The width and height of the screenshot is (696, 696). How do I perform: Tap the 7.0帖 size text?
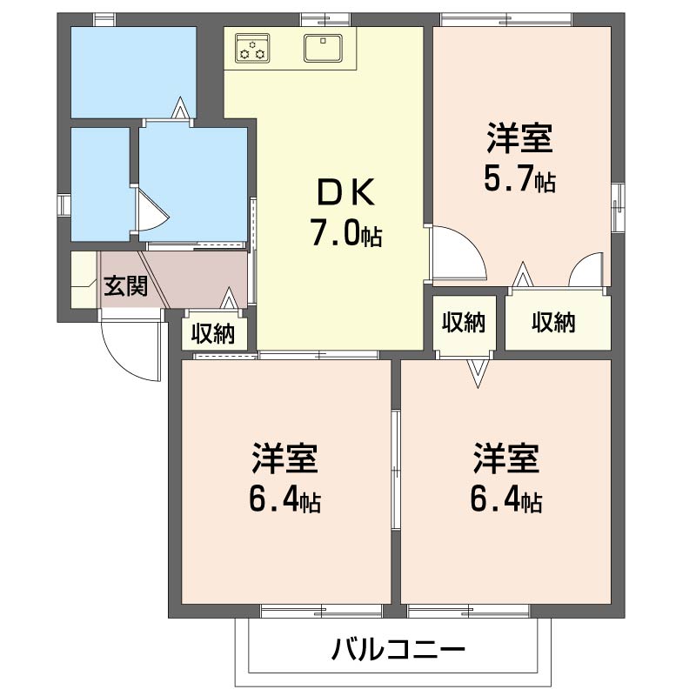[345, 233]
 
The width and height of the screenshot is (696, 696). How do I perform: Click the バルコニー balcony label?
[398, 649]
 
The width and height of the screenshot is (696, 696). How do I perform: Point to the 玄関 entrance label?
[126, 285]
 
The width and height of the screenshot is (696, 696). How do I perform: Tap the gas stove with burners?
[253, 48]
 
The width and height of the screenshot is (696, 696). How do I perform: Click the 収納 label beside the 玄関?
[213, 333]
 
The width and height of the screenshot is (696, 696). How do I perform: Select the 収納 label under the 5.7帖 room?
[554, 323]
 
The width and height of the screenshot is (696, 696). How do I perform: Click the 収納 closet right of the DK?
[464, 323]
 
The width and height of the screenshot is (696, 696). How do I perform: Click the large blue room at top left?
[132, 71]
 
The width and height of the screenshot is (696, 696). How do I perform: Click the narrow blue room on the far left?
[99, 184]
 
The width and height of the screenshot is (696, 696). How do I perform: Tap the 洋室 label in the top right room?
[519, 139]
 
